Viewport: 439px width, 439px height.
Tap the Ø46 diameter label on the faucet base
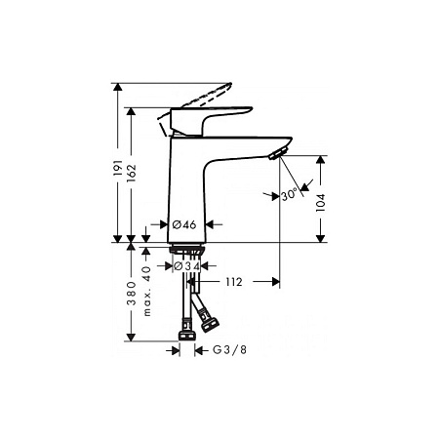coord(183,224)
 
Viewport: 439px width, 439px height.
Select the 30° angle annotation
coord(288,195)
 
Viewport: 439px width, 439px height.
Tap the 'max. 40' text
coord(147,290)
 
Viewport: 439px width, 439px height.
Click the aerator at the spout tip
coord(280,149)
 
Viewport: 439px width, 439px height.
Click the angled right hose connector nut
coord(207,317)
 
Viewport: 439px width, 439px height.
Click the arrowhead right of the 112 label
coord(273,282)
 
